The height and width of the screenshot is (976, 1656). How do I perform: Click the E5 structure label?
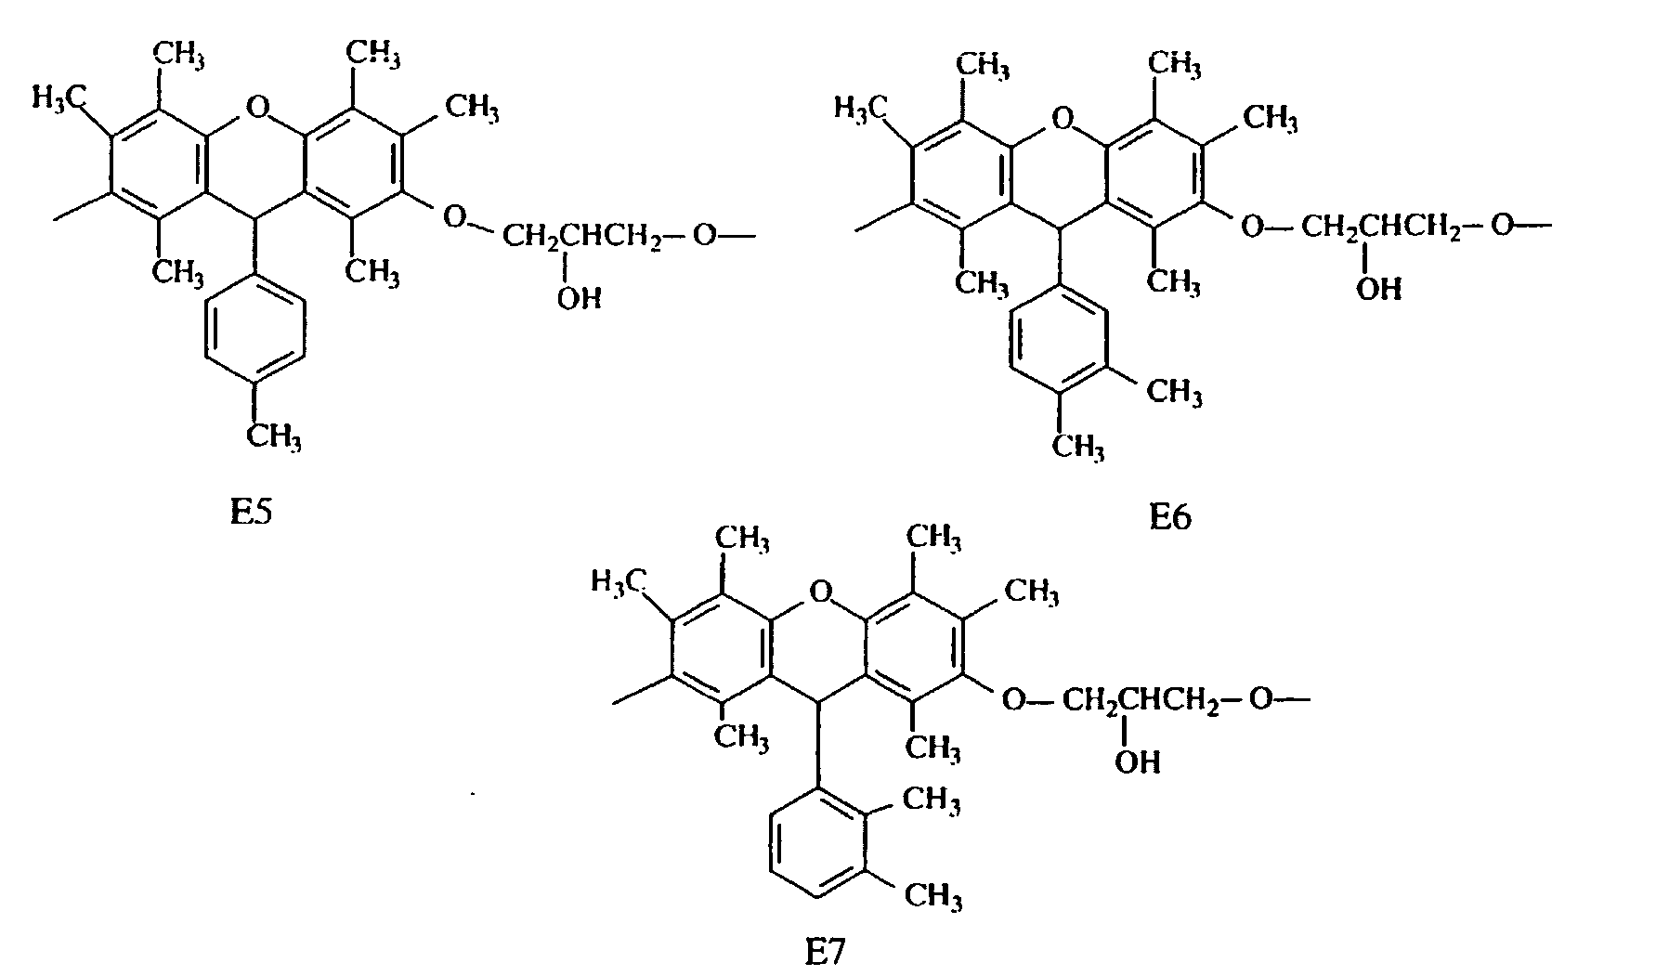pos(251,513)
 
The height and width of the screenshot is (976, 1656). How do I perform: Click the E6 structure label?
pos(1169,517)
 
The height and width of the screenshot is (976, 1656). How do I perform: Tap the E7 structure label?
pos(825,953)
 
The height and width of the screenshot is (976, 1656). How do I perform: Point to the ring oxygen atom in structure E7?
pos(819,590)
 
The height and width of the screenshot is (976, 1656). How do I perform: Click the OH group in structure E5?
pos(579,299)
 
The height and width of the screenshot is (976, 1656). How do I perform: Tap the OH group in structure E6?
pos(1378,289)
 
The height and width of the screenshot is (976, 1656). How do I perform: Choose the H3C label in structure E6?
pos(859,110)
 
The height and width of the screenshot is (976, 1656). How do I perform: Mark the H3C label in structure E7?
pos(619,582)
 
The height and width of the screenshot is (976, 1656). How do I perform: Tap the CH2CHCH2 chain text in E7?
pos(1141,698)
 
